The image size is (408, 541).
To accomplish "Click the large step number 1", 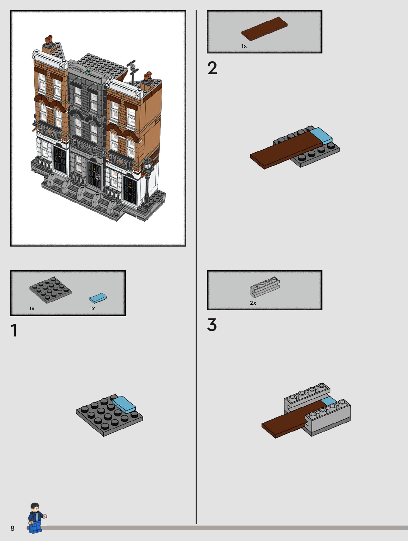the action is (14, 330).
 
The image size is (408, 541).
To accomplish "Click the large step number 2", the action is (212, 68).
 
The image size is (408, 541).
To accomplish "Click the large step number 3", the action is (212, 325).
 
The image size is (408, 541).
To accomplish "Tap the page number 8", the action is (12, 528).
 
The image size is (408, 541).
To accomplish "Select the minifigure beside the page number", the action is (36, 518).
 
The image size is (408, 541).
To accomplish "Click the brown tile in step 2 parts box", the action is (264, 29).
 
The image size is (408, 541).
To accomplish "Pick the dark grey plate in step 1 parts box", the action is (50, 290).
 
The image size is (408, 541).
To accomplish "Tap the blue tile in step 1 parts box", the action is (98, 298).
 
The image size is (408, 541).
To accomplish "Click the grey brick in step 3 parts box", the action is (264, 287).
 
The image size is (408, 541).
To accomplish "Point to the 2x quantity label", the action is (253, 303).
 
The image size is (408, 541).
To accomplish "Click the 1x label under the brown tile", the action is (244, 46).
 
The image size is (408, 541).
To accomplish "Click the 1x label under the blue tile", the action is (92, 308).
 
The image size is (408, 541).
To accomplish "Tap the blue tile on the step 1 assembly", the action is (124, 404).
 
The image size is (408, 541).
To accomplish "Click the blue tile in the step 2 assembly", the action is (321, 136).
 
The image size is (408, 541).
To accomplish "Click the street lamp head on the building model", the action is (148, 164).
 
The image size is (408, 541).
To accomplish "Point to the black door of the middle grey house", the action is (94, 175).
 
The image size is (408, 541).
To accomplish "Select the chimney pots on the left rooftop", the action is (49, 39).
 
